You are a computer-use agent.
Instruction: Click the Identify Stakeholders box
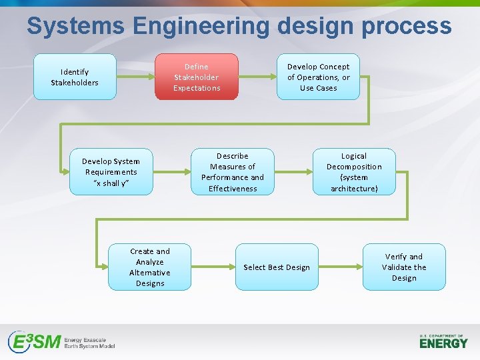[x=75, y=77]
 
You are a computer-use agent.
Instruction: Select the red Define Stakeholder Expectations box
[x=197, y=77]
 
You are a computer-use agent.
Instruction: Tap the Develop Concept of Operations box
[x=318, y=77]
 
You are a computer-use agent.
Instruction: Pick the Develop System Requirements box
[x=111, y=171]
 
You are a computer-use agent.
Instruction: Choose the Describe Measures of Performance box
[x=233, y=171]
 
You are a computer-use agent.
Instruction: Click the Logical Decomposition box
[x=354, y=171]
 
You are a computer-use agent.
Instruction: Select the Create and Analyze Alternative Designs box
[x=150, y=267]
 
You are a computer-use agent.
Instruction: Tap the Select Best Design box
[x=277, y=267]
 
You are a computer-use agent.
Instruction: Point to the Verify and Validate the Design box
[x=404, y=267]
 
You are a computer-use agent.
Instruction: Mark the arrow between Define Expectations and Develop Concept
[x=257, y=77]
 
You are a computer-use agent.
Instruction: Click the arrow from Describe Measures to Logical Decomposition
[x=293, y=171]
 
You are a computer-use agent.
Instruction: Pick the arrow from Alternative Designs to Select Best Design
[x=213, y=267]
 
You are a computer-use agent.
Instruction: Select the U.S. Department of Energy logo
[x=443, y=341]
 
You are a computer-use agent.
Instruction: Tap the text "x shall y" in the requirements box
[x=111, y=183]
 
